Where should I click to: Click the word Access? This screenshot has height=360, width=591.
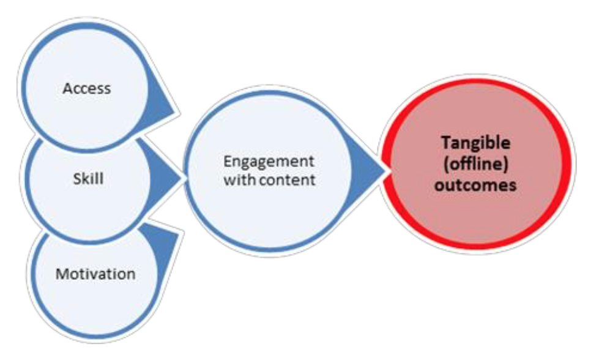click(86, 88)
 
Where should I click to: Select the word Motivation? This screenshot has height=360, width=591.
click(95, 274)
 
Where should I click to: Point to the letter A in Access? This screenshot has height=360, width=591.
click(67, 88)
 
